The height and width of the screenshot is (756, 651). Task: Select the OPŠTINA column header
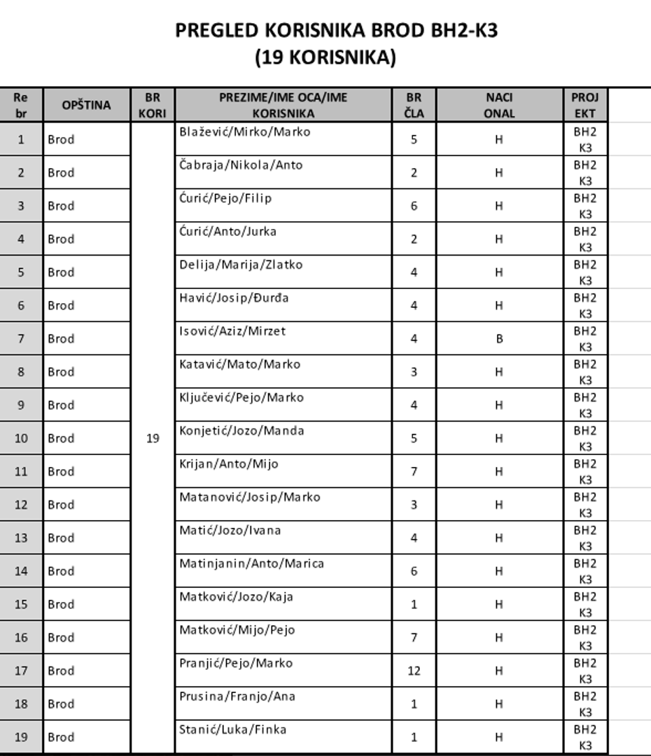86,105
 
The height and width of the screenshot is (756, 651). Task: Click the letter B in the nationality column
499,339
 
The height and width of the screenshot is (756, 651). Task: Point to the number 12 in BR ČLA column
414,671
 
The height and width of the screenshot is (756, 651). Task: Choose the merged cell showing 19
153,438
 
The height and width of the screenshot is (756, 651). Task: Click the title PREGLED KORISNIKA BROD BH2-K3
336,31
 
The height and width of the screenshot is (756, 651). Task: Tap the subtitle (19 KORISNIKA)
325,57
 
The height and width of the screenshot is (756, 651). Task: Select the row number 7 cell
21,339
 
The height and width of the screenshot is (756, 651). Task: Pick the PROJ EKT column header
584,105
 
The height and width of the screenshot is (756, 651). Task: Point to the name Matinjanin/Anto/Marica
251,563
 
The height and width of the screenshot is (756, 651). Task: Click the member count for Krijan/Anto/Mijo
414,472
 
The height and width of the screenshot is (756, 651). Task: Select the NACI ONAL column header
499,105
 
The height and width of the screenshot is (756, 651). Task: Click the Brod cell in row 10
61,438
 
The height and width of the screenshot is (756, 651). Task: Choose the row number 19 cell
21,737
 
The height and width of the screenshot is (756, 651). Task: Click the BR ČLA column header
414,105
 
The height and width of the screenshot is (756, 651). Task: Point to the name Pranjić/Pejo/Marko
236,663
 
